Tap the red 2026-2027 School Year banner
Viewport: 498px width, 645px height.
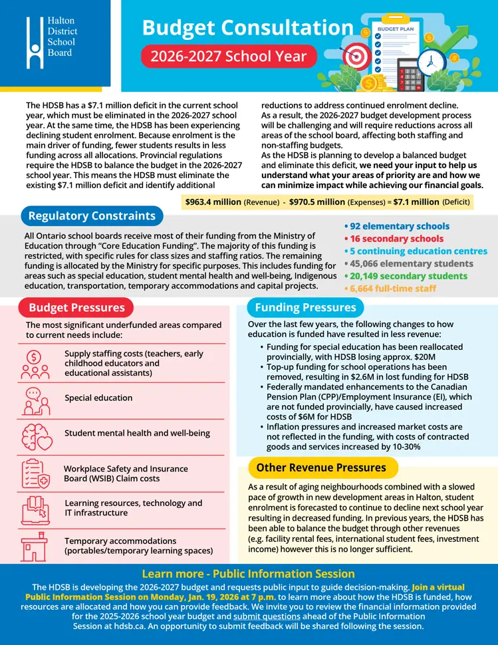pos(228,55)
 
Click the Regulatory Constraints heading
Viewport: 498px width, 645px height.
pos(92,215)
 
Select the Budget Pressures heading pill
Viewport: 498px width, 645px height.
pos(76,307)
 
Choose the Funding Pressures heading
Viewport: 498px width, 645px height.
pos(305,307)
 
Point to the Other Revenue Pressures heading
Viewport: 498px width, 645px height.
pos(320,467)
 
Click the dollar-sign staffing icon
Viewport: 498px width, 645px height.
pos(35,362)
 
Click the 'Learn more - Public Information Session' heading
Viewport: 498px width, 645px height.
pos(249,574)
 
